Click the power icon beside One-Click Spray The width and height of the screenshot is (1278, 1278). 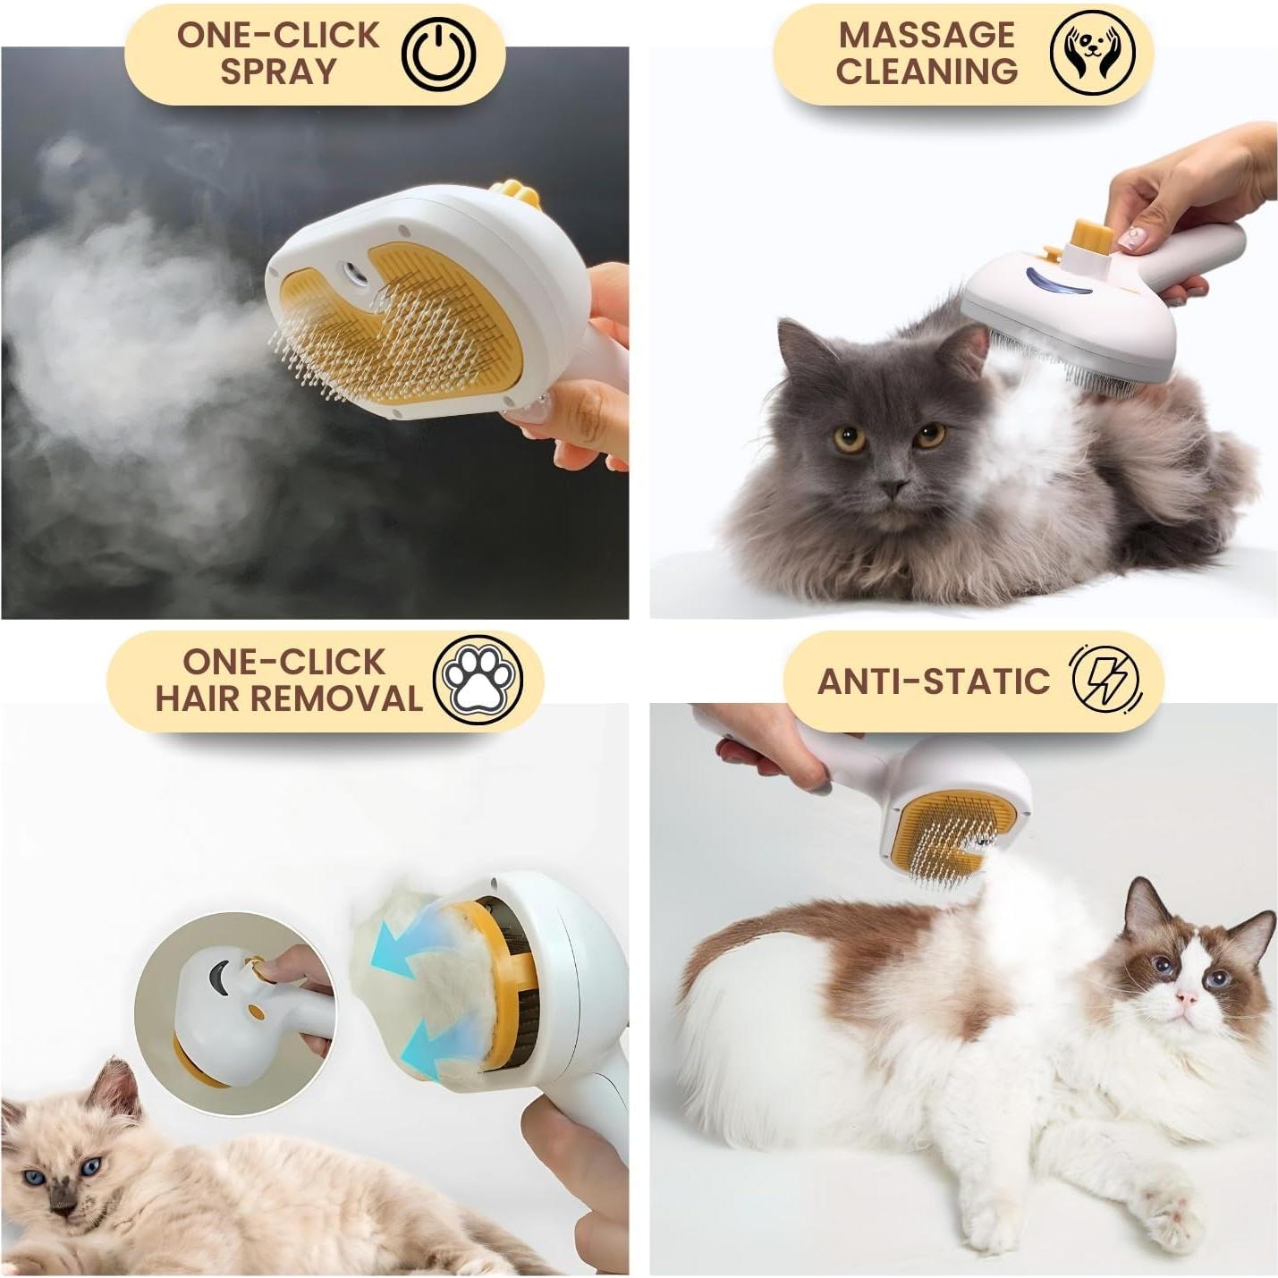(438, 55)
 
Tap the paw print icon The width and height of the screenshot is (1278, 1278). (477, 679)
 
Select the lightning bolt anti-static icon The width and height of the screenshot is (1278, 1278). (1106, 677)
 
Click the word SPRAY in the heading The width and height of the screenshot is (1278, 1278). (277, 72)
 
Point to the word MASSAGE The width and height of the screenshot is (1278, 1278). (927, 35)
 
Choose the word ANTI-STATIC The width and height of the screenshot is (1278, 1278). (934, 681)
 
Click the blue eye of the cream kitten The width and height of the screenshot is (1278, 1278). (91, 1167)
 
